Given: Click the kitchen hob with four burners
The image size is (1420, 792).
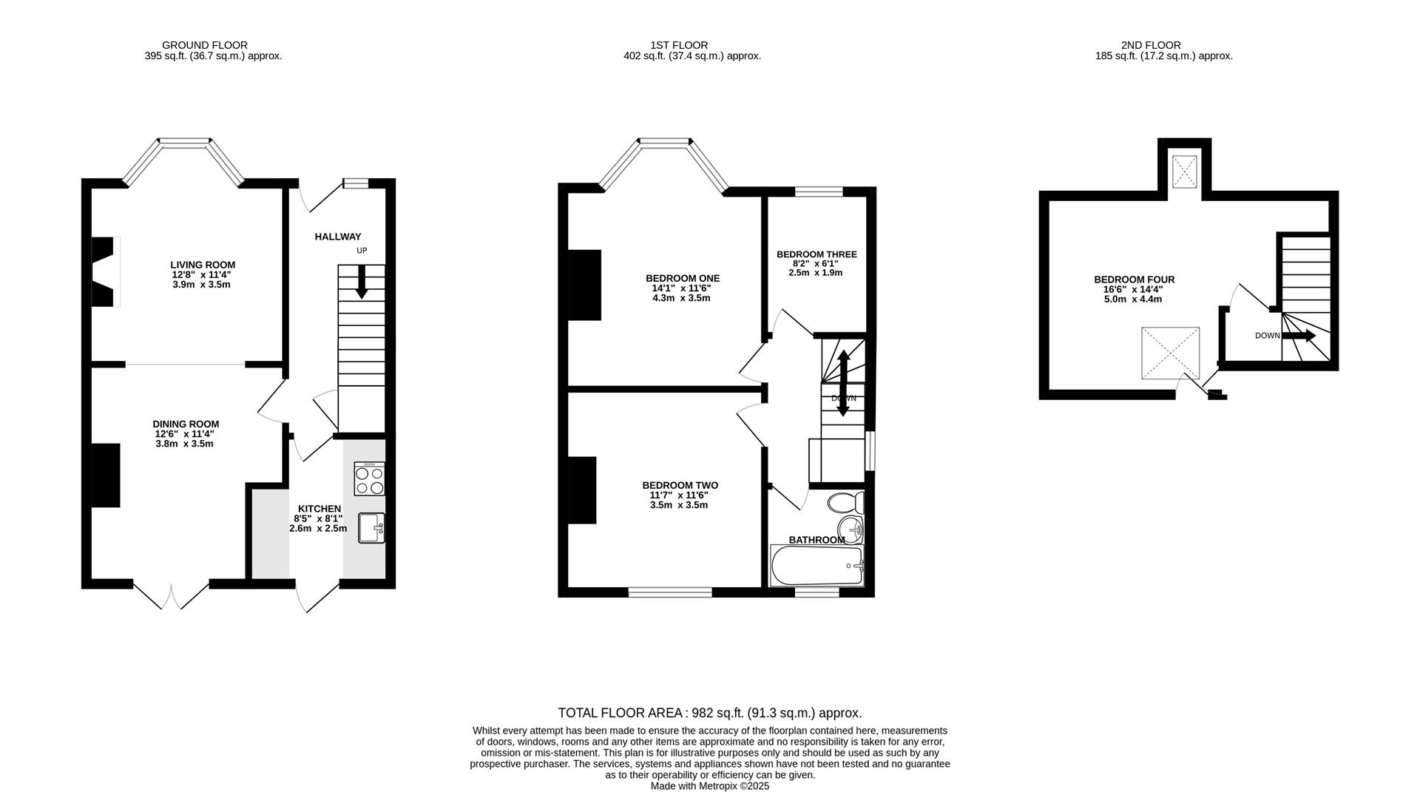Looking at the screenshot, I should point(369,478).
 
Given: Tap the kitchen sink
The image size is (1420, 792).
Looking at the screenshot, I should point(371,528).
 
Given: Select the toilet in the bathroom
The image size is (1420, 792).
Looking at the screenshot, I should point(846,504).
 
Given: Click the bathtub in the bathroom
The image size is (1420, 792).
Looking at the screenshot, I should point(816,566).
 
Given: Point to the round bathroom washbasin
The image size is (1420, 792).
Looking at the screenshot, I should point(851,529).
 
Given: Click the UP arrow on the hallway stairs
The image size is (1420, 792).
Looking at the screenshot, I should point(362,282).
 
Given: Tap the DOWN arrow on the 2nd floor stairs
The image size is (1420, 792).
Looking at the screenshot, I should point(1299,336).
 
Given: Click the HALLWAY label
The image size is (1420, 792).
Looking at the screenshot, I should point(338,237).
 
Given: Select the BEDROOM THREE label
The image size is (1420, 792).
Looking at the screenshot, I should point(816,254).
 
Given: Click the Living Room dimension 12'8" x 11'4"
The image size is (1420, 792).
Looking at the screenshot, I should point(201,274).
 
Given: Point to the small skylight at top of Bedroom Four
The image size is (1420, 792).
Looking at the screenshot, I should point(1185,173).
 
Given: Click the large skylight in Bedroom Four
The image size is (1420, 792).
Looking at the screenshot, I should point(1170,353).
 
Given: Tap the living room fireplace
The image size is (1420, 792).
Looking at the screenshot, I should point(104,271).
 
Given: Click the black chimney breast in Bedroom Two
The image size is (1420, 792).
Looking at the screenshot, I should point(582,490).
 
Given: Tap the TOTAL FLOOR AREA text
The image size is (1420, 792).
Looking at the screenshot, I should point(709,714).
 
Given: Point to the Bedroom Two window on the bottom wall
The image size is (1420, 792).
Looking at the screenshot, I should point(670,592).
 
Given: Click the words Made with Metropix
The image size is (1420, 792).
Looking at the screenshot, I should point(685,786).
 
